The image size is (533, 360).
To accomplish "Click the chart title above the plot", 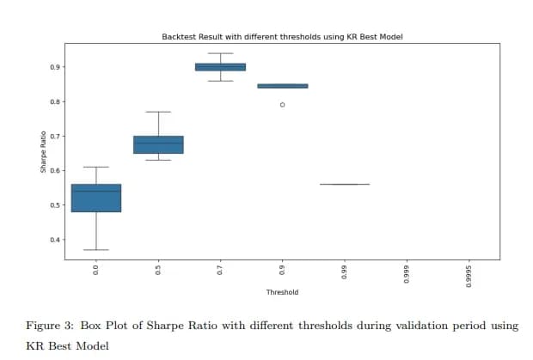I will pyautogui.click(x=282, y=37).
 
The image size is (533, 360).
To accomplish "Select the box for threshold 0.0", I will pyautogui.click(x=96, y=198).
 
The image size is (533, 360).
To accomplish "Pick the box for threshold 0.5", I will pyautogui.click(x=158, y=144).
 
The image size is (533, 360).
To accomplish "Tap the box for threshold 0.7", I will pyautogui.click(x=220, y=66).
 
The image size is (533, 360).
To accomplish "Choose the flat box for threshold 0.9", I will pyautogui.click(x=283, y=86).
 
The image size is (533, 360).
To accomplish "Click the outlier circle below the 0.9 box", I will pyautogui.click(x=283, y=105).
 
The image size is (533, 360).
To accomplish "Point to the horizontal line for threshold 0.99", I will pyautogui.click(x=344, y=184).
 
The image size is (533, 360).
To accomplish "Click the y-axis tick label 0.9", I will pyautogui.click(x=55, y=67).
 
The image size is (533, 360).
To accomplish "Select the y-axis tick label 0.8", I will pyautogui.click(x=55, y=101).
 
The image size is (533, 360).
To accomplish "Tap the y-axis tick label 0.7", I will pyautogui.click(x=55, y=136).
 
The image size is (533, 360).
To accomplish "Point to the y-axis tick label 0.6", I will pyautogui.click(x=55, y=170).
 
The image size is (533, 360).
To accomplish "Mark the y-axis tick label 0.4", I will pyautogui.click(x=55, y=239).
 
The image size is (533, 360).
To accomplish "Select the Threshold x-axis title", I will pyautogui.click(x=282, y=293).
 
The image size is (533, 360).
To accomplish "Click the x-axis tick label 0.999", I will pyautogui.click(x=407, y=273).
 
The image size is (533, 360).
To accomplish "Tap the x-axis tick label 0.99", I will pyautogui.click(x=345, y=272).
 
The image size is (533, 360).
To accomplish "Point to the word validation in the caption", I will pyautogui.click(x=405, y=326).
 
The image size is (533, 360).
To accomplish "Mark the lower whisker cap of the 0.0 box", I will pyautogui.click(x=96, y=249).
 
